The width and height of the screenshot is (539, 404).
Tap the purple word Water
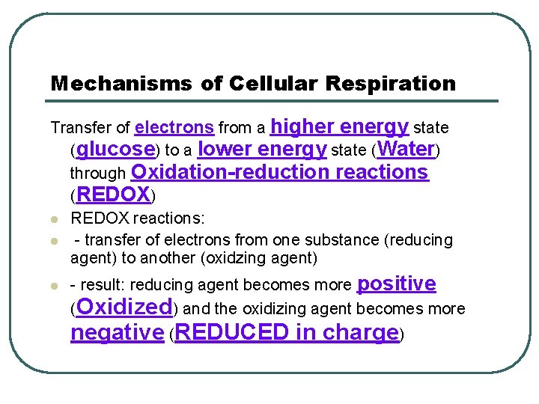pyautogui.click(x=406, y=149)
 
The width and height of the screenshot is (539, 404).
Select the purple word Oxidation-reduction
pyautogui.click(x=231, y=172)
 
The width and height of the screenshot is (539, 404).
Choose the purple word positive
pyautogui.click(x=397, y=284)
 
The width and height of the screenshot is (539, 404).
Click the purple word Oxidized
pyautogui.click(x=124, y=307)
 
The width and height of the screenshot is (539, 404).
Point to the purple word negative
pyautogui.click(x=117, y=332)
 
